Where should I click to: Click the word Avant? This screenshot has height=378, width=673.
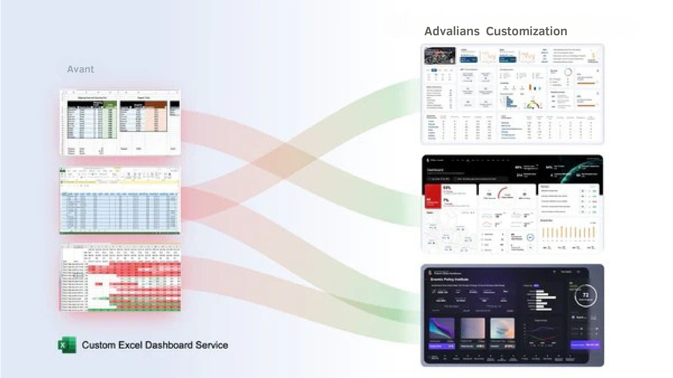(80, 69)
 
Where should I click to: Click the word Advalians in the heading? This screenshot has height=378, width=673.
(452, 31)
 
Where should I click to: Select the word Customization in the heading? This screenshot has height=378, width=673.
(526, 31)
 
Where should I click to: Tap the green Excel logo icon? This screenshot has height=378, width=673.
(67, 345)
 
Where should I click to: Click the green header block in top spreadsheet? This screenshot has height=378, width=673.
(110, 104)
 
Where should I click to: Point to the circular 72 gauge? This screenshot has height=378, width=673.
(585, 296)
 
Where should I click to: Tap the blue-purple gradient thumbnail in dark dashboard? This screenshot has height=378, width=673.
(442, 328)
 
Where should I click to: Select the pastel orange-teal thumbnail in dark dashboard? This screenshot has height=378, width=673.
(502, 328)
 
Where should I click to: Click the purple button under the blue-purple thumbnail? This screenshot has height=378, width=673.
(442, 346)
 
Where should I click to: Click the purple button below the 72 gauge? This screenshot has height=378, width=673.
(585, 345)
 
